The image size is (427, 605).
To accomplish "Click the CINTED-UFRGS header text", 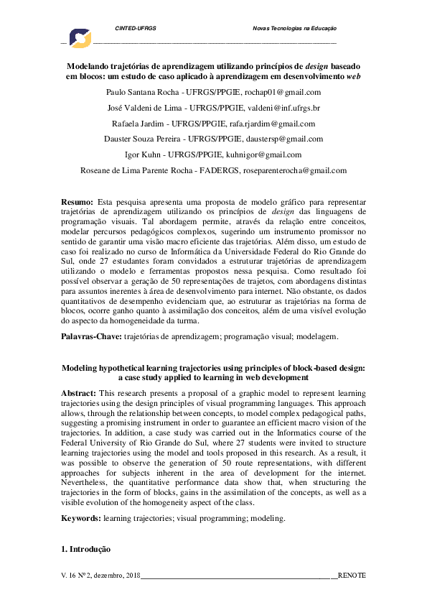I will (136, 28).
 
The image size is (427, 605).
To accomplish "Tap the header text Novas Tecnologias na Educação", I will (295, 28).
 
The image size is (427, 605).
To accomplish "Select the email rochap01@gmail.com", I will (284, 93).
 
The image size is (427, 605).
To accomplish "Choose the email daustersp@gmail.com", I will (286, 139).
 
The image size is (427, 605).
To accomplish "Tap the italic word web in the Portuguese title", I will (353, 75).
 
